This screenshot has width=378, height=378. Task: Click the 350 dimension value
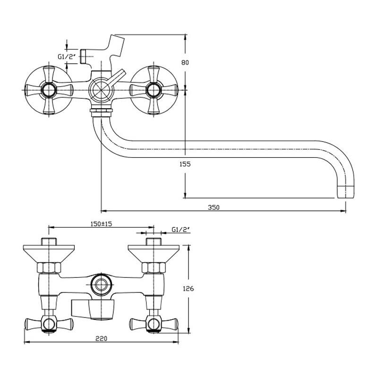[x=214, y=207]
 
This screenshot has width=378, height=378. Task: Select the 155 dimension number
[x=185, y=164]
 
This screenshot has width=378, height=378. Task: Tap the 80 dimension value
[x=185, y=62]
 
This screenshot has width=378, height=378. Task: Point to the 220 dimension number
[x=101, y=338]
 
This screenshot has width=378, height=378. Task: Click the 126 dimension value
[x=188, y=288]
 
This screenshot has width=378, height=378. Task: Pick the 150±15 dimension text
[x=101, y=223]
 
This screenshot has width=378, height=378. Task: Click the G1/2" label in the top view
[x=67, y=57]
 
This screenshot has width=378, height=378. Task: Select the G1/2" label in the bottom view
[x=181, y=230]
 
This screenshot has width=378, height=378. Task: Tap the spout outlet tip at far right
[x=346, y=192]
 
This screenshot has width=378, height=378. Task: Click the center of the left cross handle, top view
[x=49, y=90]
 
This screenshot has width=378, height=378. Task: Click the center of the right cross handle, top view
[x=154, y=90]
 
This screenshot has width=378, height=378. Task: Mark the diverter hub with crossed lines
[x=101, y=90]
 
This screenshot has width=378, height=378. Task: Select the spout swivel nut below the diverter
[x=101, y=111]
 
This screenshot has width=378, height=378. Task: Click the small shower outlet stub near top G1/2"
[x=83, y=56]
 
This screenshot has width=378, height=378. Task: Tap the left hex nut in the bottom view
[x=49, y=267]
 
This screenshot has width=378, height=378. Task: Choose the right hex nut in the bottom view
[x=154, y=267]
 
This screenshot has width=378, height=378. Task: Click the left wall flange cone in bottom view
[x=49, y=254]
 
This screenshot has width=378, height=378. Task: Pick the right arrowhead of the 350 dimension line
[x=343, y=211]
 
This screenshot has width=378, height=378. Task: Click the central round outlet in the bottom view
[x=101, y=284]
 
